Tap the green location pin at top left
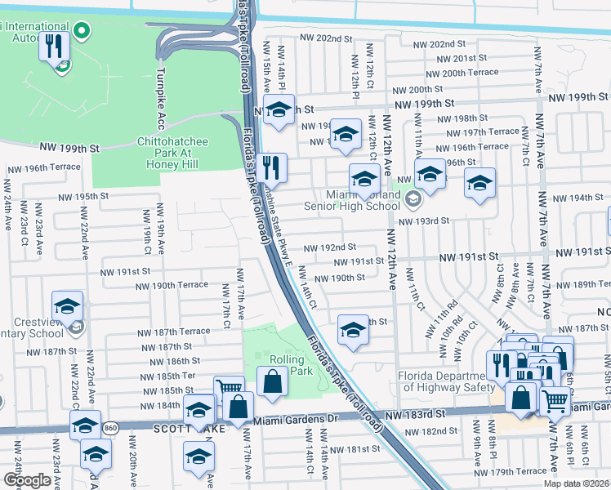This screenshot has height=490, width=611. [81, 32]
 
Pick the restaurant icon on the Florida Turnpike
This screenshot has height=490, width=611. [272, 168]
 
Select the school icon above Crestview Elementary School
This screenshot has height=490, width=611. [66, 307]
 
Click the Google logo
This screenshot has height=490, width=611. [27, 480]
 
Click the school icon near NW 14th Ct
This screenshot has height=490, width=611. [353, 330]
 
